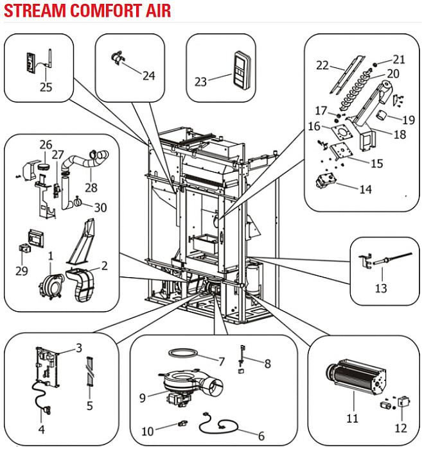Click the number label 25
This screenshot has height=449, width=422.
[46, 87]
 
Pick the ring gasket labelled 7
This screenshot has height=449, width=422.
[182, 354]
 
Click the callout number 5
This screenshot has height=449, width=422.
[90, 405]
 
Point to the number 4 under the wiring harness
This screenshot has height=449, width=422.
[41, 429]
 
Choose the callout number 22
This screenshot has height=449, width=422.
[322, 65]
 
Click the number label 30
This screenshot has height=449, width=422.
[100, 207]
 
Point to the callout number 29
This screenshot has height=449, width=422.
[22, 271]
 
